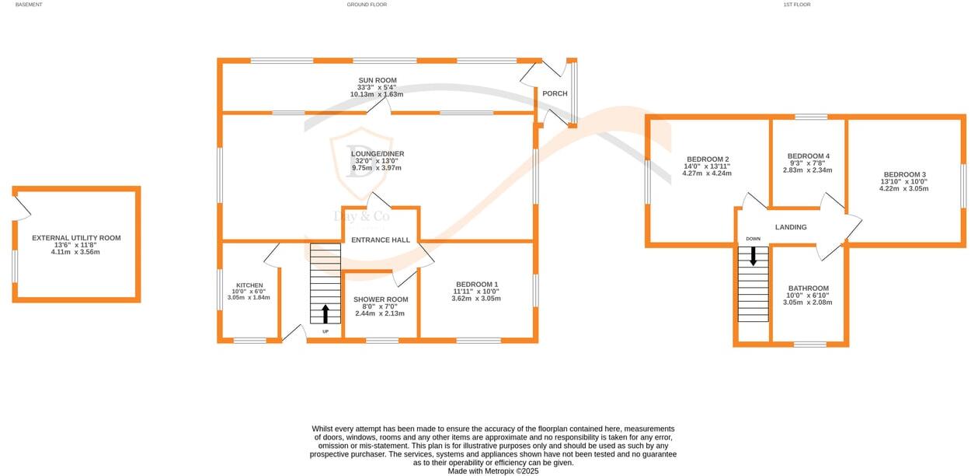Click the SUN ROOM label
(378, 80)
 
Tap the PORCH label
(555, 93)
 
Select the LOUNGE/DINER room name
(378, 154)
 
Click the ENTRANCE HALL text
(381, 240)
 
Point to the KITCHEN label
(249, 285)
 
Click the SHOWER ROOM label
(381, 299)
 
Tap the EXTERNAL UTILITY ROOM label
(76, 238)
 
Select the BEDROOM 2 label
(707, 159)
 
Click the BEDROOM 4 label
(808, 156)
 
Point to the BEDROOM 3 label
(905, 174)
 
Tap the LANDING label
(791, 227)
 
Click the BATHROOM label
(808, 288)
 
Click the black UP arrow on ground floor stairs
(325, 313)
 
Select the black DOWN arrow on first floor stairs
(753, 256)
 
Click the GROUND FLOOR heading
(367, 5)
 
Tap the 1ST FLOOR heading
(796, 5)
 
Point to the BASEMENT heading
(29, 5)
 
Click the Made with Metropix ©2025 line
(492, 471)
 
